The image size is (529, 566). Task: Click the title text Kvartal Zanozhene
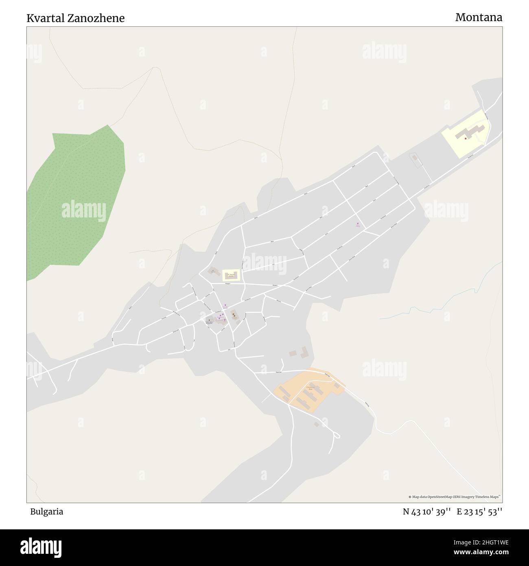tap(76, 18)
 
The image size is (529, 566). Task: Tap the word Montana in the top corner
tap(479, 18)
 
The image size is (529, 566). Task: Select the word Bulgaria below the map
tap(46, 512)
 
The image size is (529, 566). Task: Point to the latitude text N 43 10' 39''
tap(426, 512)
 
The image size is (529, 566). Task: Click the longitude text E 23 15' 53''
tap(479, 512)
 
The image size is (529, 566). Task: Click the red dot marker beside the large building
tap(466, 138)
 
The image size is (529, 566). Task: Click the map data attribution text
tap(454, 497)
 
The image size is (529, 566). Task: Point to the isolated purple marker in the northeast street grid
tap(358, 224)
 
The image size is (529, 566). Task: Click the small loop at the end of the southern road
tap(336, 436)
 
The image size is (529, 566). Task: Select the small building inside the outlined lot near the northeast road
tap(415, 157)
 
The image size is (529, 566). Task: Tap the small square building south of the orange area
tap(316, 424)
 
